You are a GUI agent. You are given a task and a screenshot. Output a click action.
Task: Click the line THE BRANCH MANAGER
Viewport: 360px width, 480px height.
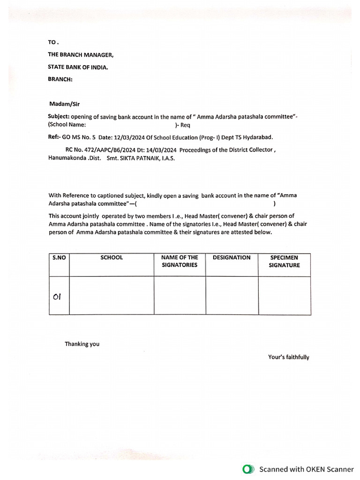tap(80, 55)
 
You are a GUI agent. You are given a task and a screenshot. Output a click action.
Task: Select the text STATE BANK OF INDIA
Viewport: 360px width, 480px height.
tap(78, 67)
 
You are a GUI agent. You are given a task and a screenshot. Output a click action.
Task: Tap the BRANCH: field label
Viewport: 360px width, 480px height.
tap(60, 79)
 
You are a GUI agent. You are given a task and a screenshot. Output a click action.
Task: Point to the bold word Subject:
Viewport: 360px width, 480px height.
tap(59, 116)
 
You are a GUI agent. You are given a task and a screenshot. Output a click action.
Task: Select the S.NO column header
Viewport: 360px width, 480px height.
tap(59, 257)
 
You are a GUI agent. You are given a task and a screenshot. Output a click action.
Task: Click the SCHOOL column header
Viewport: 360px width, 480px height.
tap(112, 257)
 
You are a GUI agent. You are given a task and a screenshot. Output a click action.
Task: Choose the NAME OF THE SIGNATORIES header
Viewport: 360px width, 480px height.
tap(180, 261)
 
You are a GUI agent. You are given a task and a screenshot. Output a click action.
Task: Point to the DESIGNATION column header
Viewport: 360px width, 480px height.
tap(232, 257)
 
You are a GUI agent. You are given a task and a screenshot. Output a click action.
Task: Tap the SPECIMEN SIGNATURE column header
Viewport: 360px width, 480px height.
tap(284, 261)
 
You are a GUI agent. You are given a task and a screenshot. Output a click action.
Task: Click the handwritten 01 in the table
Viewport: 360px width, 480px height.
tap(57, 296)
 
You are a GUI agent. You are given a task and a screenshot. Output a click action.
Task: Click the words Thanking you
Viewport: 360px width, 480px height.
tap(82, 344)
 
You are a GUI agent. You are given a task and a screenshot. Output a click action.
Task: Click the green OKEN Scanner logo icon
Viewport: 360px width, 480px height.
tap(248, 469)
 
